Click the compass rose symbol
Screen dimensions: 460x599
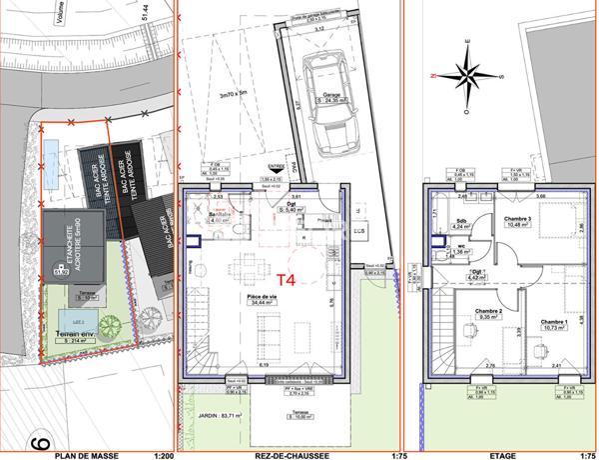pos(465,71)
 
